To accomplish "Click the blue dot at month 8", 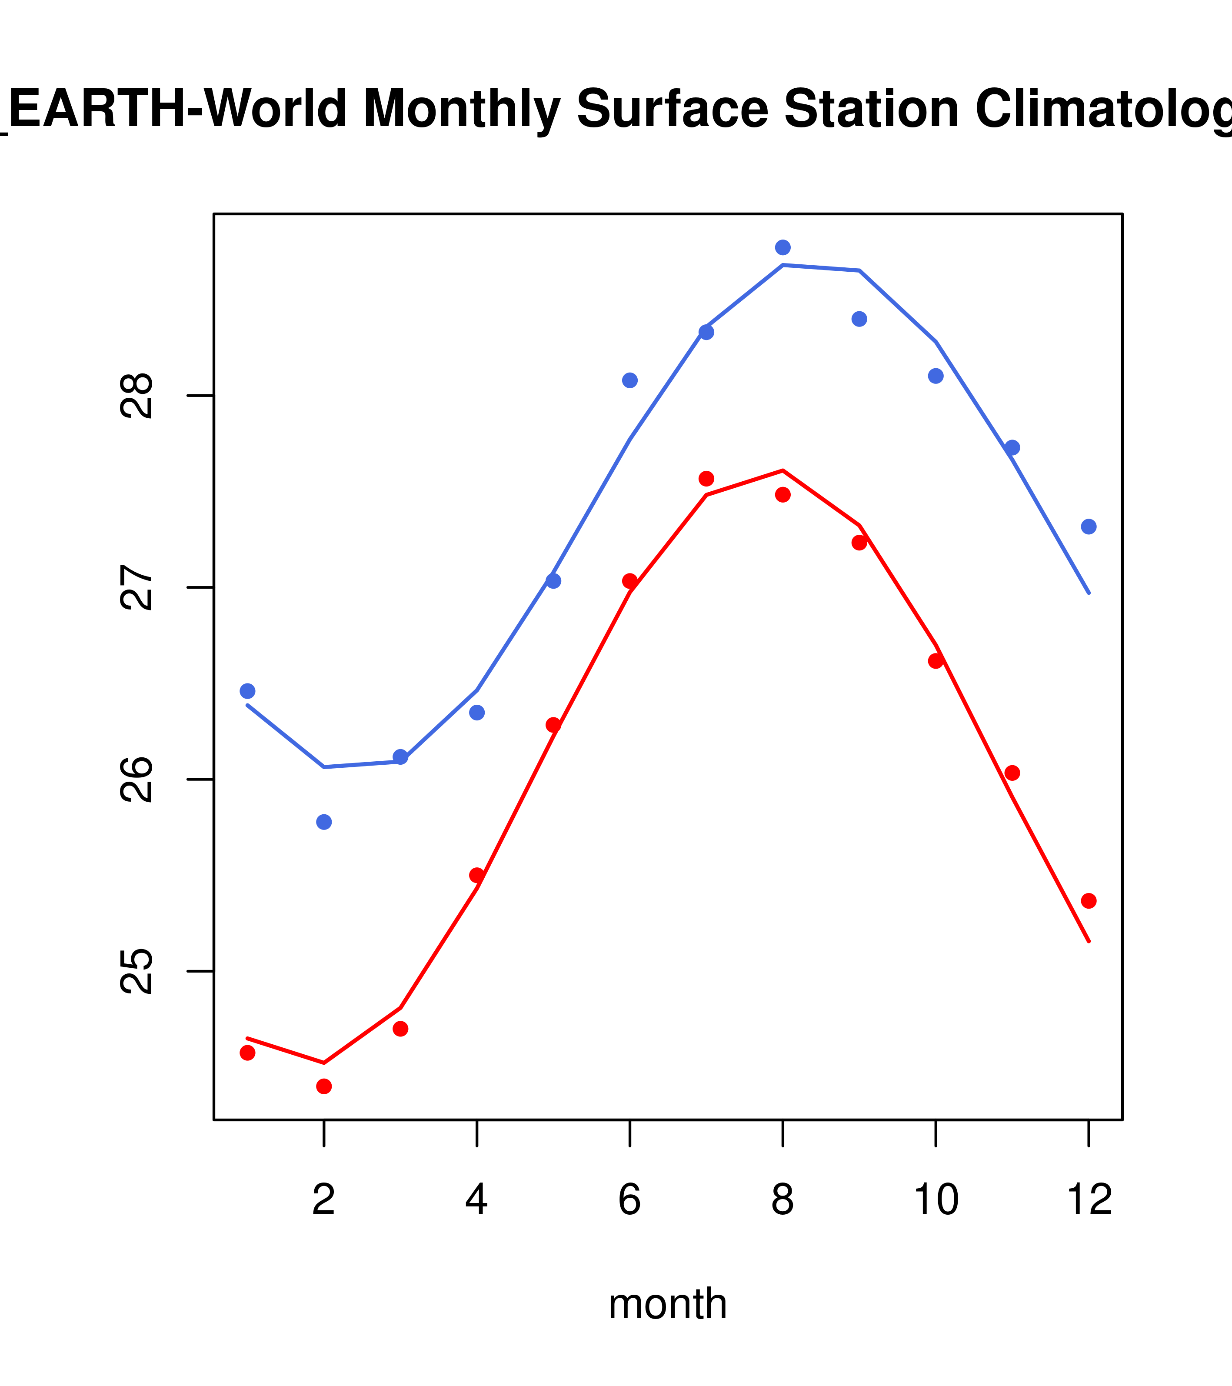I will click(782, 247).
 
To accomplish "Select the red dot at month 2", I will click(324, 1087).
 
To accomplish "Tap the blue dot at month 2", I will click(324, 822).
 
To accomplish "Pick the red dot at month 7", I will click(706, 479).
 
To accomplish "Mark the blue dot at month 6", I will click(630, 380).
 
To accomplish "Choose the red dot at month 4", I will click(476, 876).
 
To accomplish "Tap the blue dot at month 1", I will click(247, 691).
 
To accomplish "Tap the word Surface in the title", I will click(673, 109).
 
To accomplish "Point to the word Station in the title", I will click(871, 109).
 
